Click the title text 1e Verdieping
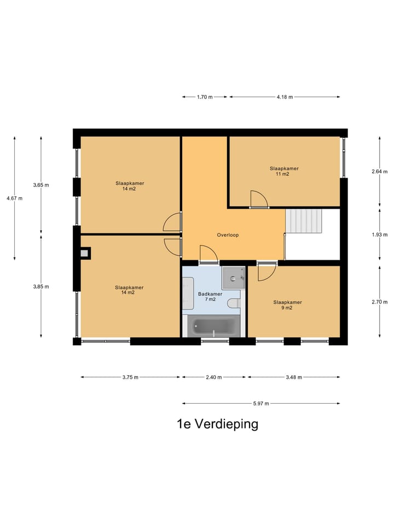[x=217, y=424]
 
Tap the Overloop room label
[x=228, y=235]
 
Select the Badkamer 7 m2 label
[x=206, y=297]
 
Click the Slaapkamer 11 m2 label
[x=284, y=171]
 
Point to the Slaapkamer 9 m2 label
[x=287, y=305]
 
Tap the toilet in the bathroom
[x=233, y=302]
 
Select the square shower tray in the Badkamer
[x=234, y=278]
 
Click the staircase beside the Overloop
[x=304, y=220]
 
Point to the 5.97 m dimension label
[x=261, y=403]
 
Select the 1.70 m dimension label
[x=205, y=97]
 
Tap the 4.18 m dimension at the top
[x=285, y=97]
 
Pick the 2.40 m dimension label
[x=214, y=377]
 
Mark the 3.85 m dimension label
[x=40, y=287]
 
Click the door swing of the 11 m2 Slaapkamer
[x=258, y=199]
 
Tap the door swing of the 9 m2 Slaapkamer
[x=266, y=272]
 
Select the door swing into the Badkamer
[x=208, y=254]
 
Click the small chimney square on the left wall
[x=84, y=253]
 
